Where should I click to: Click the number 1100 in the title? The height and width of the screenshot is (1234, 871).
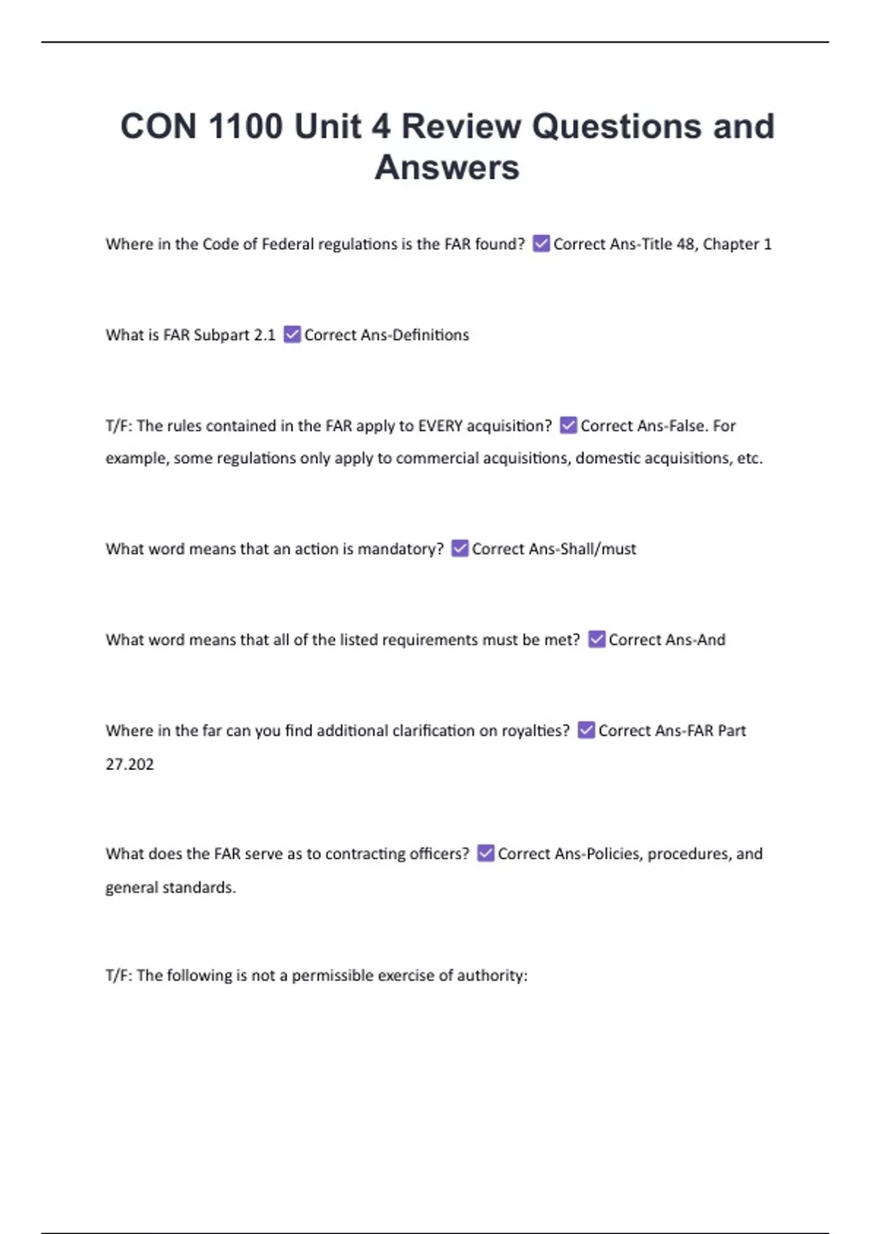coord(245,126)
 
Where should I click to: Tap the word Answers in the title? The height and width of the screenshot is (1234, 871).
coord(446,168)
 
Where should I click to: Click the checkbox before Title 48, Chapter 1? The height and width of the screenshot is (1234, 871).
coord(541,244)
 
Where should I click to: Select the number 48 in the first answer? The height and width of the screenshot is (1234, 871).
coord(685,244)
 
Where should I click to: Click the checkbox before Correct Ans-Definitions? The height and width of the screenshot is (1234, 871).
coord(292,335)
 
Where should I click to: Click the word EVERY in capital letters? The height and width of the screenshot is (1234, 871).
coord(440,425)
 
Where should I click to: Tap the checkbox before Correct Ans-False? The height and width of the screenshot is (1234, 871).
coord(568,425)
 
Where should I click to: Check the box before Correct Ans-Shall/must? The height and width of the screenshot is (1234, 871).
coord(459,549)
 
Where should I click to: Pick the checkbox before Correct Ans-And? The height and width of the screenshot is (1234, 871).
coord(597,640)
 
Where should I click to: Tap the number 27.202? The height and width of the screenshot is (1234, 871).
coord(130,764)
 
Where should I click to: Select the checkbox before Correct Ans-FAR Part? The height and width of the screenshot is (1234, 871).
coord(586,730)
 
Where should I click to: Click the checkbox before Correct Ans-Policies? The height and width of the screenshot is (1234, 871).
coord(486,854)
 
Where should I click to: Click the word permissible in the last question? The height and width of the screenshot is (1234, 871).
coord(332,976)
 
